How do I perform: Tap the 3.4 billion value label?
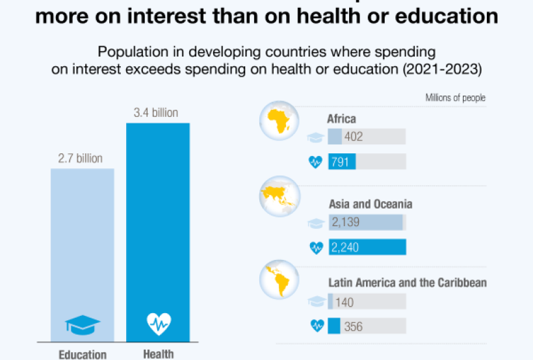tap(156, 113)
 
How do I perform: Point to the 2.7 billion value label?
tap(81, 159)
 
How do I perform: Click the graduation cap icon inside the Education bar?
tap(83, 324)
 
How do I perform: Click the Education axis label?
tap(83, 354)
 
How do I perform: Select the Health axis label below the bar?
tap(158, 354)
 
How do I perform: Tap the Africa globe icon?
tap(279, 121)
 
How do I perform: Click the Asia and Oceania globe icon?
tap(279, 198)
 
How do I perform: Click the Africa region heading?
tap(341, 119)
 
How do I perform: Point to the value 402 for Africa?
tap(354, 136)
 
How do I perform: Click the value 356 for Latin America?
tap(353, 326)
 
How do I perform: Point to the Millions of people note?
tap(455, 98)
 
